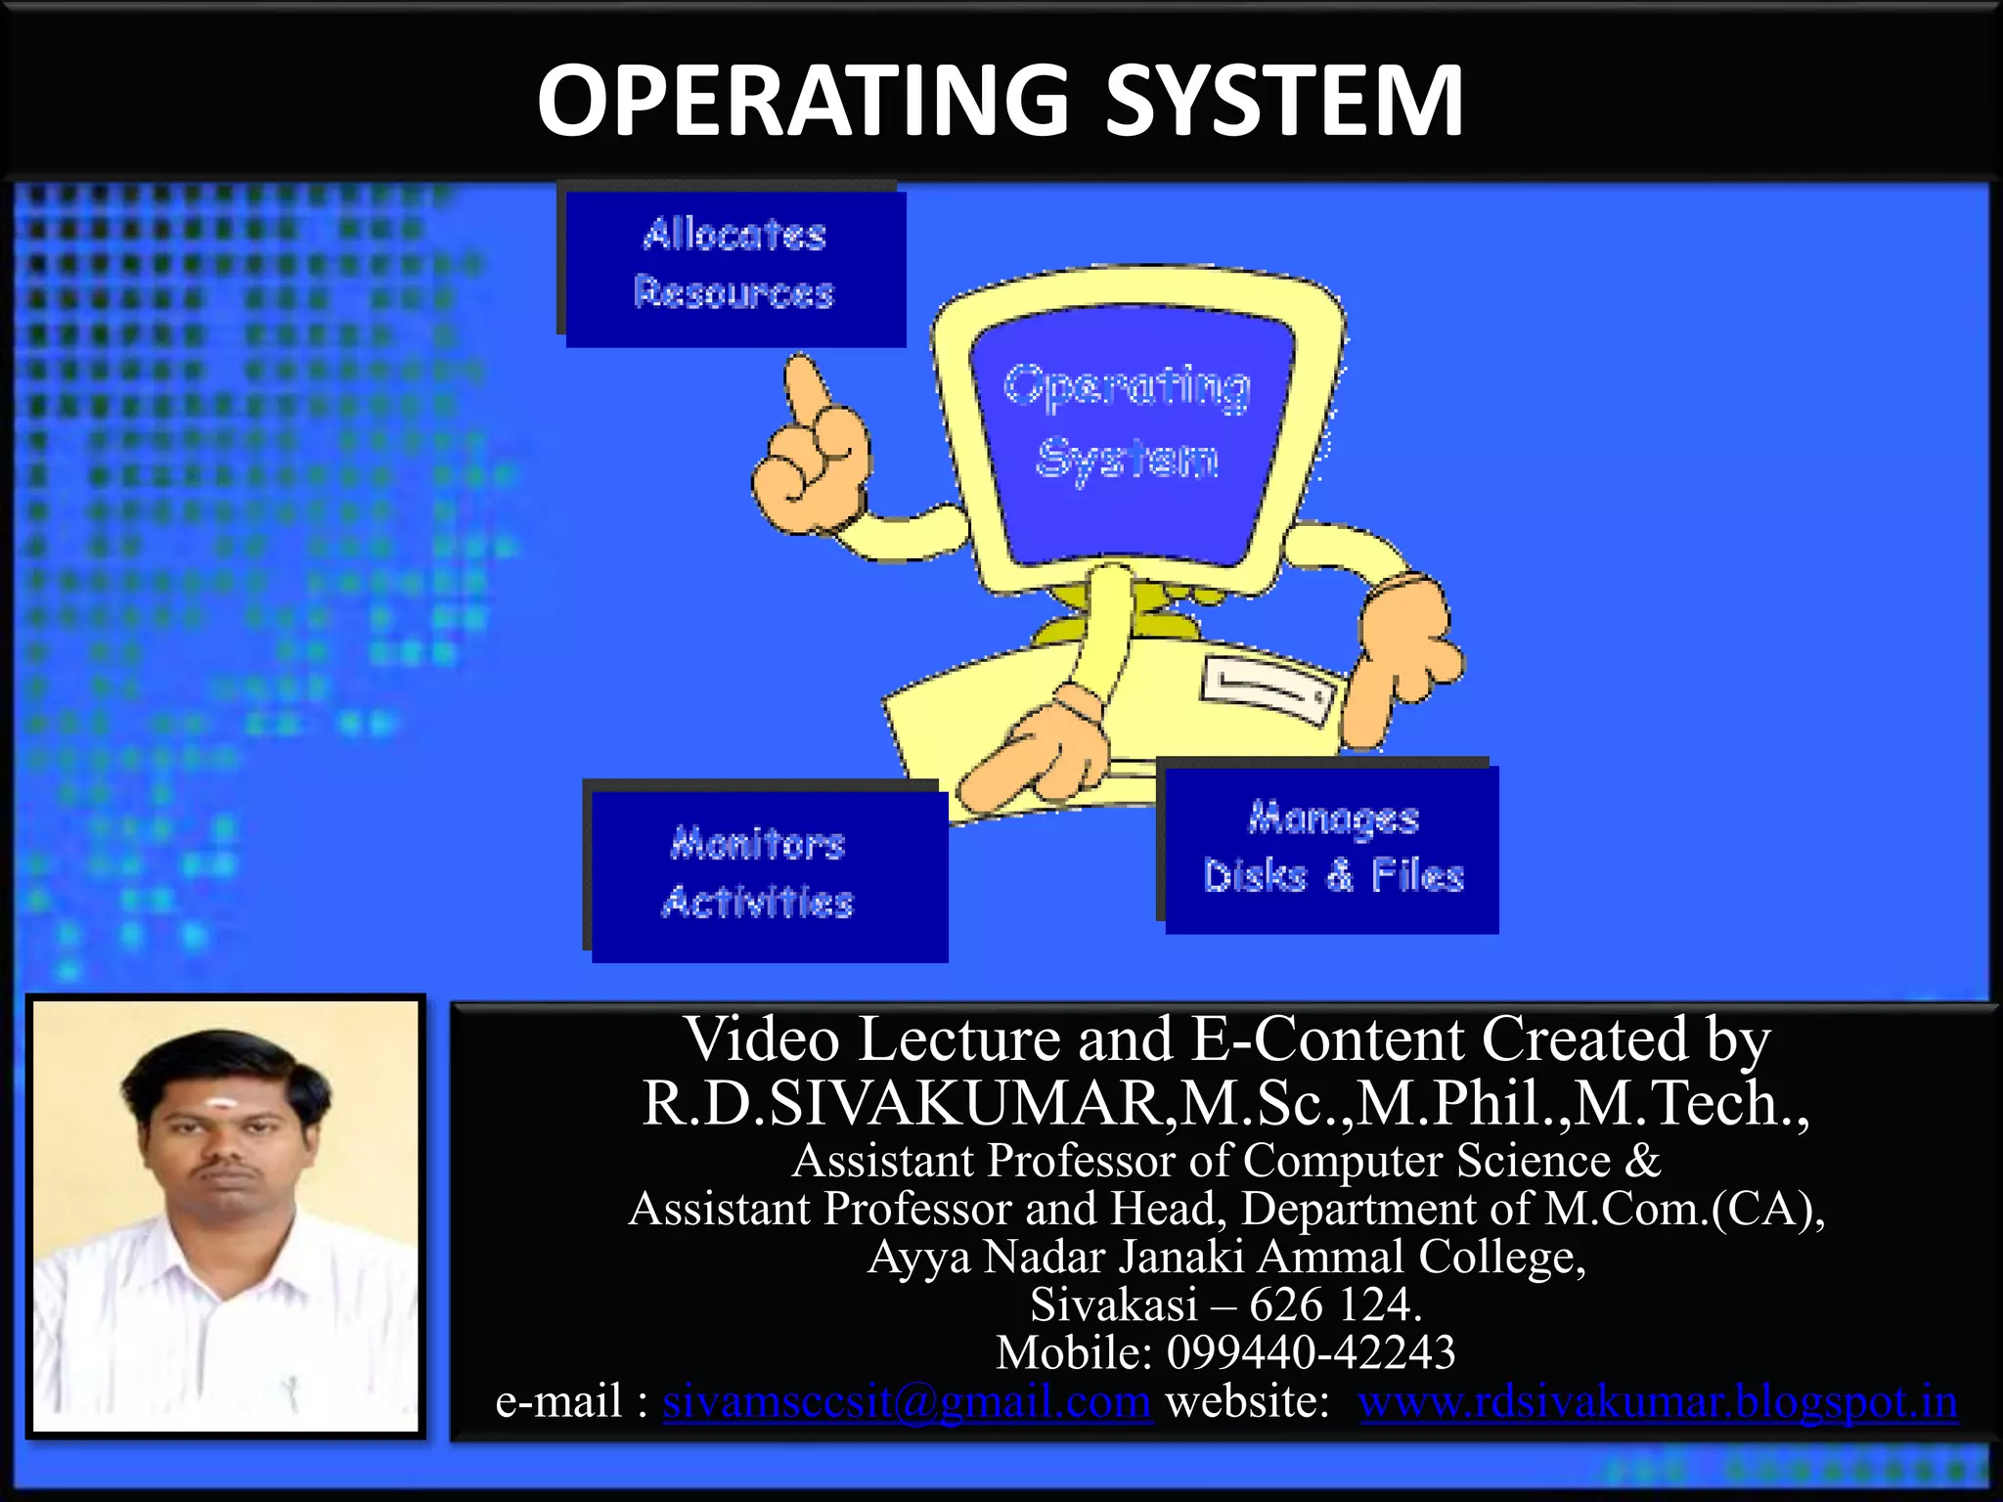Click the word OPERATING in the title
point(802,100)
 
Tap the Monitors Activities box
point(768,873)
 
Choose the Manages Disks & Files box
point(1332,849)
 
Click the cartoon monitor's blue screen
point(1130,430)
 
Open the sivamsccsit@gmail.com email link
point(907,1401)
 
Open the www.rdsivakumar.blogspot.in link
point(1658,1401)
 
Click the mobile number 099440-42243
point(1311,1352)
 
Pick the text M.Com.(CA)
point(1682,1209)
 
